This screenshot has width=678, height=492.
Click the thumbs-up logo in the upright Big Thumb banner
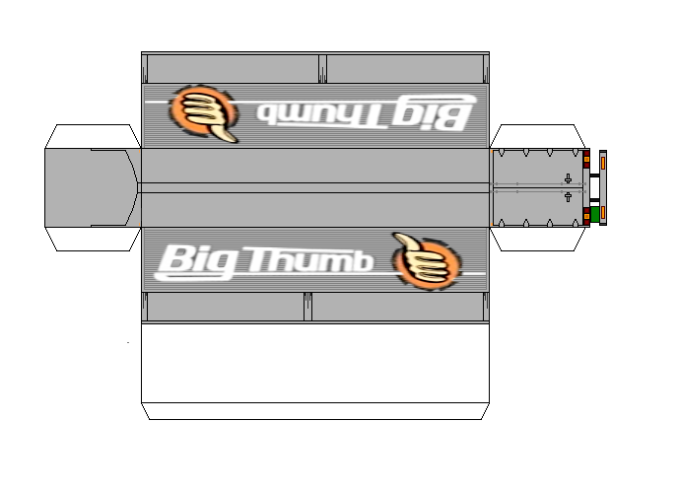[x=427, y=261]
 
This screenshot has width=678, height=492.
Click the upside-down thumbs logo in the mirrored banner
[x=203, y=113]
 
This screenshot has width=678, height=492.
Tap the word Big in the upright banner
[x=196, y=261]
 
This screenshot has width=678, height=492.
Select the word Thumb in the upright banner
[x=307, y=260]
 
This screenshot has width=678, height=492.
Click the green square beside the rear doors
[x=594, y=214]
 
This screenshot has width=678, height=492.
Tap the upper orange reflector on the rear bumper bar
[x=603, y=163]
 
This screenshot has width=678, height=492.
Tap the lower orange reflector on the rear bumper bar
[x=603, y=212]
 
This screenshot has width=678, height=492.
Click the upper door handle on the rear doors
[x=569, y=178]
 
